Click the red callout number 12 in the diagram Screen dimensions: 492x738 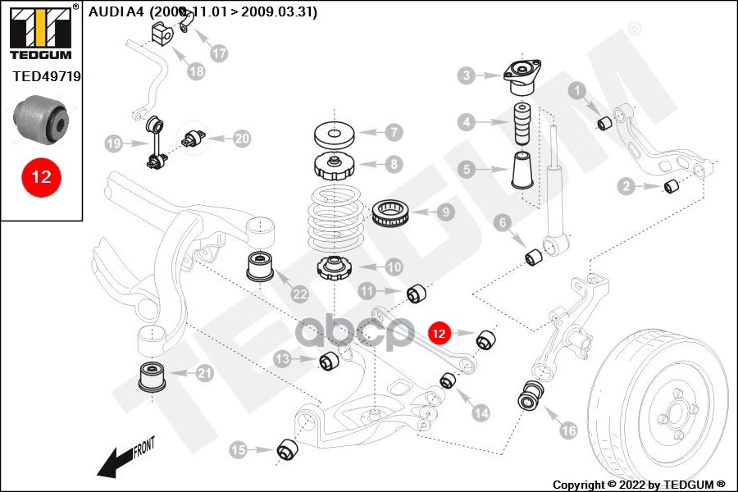(440, 333)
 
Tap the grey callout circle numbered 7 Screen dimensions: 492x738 (394, 131)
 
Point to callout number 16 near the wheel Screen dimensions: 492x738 (568, 429)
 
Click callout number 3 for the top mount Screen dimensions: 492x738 (467, 76)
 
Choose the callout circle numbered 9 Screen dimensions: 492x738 (445, 212)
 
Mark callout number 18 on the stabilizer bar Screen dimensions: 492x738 (196, 71)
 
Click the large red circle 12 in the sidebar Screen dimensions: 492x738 (41, 176)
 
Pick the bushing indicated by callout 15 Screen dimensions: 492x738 (287, 449)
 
